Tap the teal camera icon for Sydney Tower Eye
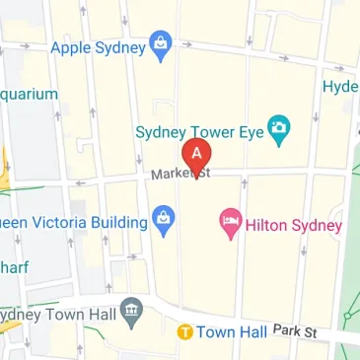280,129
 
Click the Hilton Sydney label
294,226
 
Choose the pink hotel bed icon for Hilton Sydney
230,225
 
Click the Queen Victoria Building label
73,223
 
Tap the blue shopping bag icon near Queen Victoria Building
164,222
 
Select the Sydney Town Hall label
55,315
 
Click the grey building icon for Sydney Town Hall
131,314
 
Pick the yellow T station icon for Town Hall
183,332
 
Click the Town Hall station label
231,332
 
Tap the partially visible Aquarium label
28,95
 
